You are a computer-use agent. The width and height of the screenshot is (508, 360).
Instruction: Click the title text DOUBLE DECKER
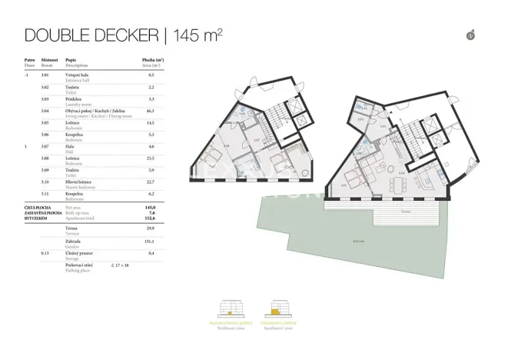(x=91, y=35)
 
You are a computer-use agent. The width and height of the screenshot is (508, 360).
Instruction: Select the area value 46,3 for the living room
(x=151, y=111)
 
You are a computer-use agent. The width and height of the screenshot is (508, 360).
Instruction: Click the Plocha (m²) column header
(x=152, y=59)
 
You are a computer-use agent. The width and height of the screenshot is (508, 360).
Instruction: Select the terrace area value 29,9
(x=151, y=228)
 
